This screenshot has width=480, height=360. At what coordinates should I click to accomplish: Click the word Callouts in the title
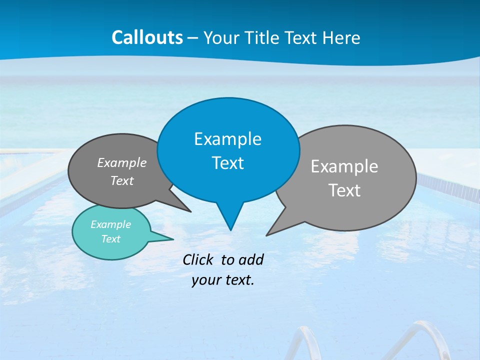coord(147,37)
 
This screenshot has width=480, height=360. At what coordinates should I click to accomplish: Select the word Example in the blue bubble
coord(227,139)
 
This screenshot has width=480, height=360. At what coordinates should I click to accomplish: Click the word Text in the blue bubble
coord(227,163)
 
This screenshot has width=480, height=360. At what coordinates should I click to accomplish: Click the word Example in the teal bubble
coord(110,224)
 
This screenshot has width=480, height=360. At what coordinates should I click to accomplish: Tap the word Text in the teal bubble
coord(110,239)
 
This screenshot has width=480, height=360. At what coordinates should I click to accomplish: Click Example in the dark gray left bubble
coord(121,163)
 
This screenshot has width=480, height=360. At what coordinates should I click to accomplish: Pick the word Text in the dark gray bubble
coord(121,181)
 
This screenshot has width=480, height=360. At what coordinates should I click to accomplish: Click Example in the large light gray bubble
coord(344,166)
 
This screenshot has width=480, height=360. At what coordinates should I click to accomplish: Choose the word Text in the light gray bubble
coord(345,190)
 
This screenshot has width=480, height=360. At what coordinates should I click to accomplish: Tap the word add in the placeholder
coord(251,259)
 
